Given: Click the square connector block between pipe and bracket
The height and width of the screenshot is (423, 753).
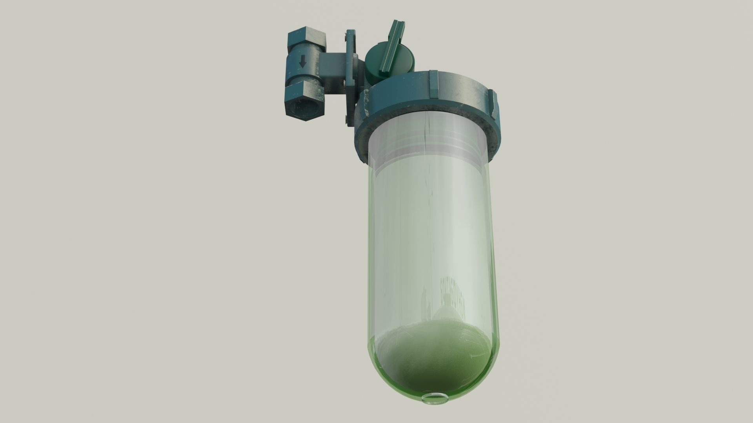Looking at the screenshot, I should (332, 65).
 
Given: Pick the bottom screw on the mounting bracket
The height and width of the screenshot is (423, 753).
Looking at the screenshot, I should (346, 121).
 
